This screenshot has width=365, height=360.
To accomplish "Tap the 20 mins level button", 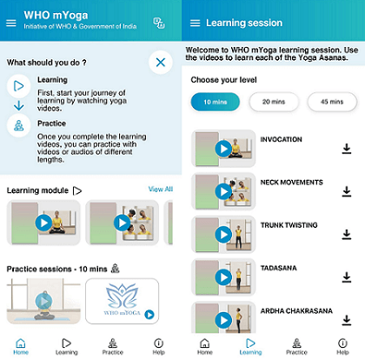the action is pos(274,102).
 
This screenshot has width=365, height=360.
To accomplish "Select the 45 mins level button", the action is pos(332,102).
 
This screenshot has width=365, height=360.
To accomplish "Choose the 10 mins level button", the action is pos(216,102).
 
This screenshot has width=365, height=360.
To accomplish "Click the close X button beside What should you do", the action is pos(161,63).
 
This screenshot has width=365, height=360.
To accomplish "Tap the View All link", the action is pos(161,190).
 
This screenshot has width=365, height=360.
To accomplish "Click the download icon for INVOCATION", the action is pos(347,149).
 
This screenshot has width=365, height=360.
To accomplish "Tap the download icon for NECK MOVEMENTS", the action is pos(347,191).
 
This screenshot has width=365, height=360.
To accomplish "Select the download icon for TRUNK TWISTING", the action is pos(347,235).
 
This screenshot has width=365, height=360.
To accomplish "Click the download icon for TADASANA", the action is pos(347,277).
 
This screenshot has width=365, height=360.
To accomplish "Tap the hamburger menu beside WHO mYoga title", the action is pos(11,23).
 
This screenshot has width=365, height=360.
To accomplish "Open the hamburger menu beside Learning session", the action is pos(195,23).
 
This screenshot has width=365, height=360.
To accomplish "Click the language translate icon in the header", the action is pos(159,23).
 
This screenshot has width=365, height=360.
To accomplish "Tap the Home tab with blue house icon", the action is pos(21,346).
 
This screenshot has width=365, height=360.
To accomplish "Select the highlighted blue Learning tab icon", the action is pos(250,343).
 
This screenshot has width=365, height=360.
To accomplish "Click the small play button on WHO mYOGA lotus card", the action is pos(149,314).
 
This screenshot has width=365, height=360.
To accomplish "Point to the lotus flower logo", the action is pos(122,297).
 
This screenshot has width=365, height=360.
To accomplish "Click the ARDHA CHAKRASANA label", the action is pos(296,311).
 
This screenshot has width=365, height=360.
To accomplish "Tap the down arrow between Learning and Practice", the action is pos(19,105).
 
